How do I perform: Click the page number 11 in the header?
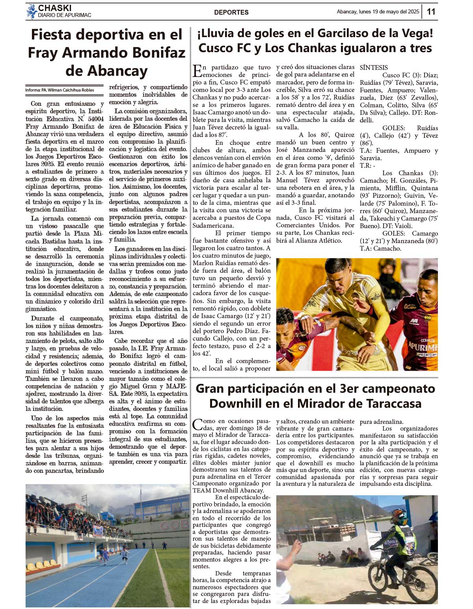pos(431,12)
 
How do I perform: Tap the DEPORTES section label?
pos(231,12)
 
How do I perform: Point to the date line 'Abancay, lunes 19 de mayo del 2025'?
pos(378,12)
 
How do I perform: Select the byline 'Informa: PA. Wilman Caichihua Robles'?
pos(60,90)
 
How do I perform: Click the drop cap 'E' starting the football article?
pos(197,71)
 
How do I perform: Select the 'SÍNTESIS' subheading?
pos(374,67)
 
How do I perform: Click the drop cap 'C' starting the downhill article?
pos(197,424)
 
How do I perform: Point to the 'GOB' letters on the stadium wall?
pos(174,525)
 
